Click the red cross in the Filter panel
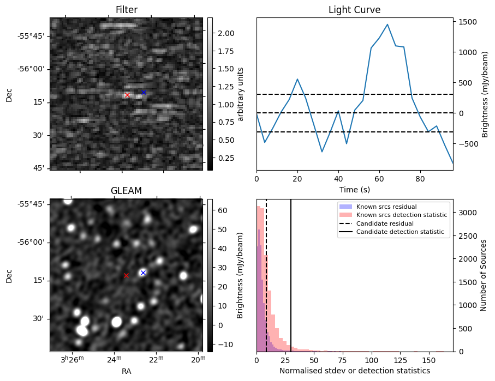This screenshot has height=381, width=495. [x=127, y=95]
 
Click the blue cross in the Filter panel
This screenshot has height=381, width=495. [x=144, y=93]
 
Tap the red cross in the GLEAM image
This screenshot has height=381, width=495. [x=126, y=276]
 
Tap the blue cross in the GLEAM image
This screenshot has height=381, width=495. [x=143, y=273]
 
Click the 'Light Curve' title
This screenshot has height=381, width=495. [x=354, y=10]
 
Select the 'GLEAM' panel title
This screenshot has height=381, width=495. [x=126, y=191]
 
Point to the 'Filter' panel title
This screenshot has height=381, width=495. [x=126, y=10]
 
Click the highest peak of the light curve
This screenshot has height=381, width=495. [x=387, y=25]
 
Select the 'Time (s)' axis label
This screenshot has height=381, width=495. [x=354, y=189]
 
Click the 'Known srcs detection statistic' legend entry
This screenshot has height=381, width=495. [x=401, y=215]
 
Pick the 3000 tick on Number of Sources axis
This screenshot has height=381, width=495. [x=467, y=213]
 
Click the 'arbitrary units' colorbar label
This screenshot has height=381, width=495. [x=240, y=94]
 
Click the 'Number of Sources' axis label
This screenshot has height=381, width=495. [x=482, y=275]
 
